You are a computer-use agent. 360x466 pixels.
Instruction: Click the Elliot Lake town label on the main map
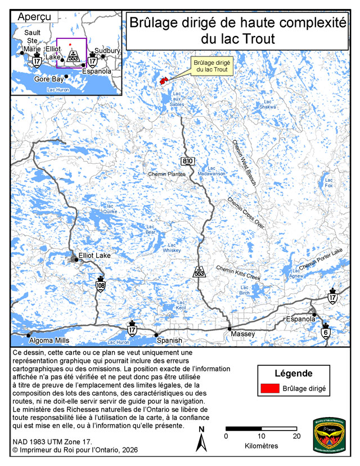pos(95,255)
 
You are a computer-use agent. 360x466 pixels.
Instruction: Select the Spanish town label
pos(169,340)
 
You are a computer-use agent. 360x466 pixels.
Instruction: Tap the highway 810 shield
pos(187,162)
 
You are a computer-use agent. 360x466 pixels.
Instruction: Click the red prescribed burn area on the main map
pos(165,82)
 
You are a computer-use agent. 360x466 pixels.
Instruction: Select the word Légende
pos(293,373)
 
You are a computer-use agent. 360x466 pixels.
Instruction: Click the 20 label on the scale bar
pos(296,436)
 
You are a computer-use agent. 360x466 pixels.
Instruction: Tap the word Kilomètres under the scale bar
pos(261,446)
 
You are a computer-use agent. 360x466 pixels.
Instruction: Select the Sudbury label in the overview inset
pos(107,51)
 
